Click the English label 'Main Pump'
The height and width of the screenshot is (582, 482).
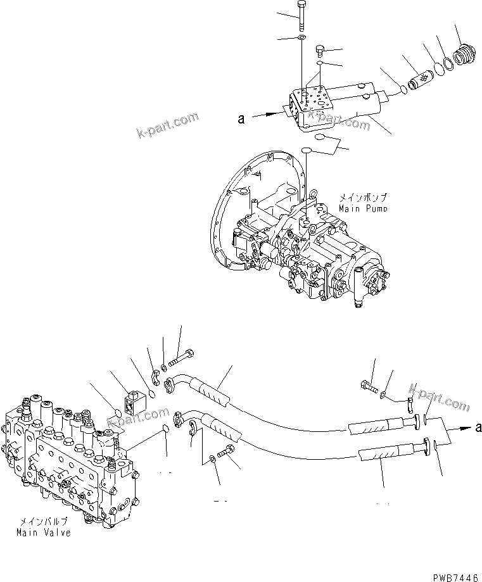(x=364, y=208)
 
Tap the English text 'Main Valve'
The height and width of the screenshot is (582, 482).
(x=44, y=532)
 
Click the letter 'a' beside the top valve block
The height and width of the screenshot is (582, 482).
(x=241, y=117)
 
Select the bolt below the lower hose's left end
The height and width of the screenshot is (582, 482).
(x=225, y=453)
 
